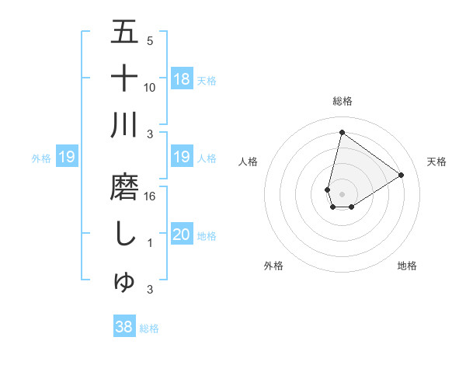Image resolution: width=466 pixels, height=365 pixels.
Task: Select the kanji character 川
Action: [124, 127]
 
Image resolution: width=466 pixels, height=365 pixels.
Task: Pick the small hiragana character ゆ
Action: [124, 283]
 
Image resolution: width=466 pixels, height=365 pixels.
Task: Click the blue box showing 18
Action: [182, 79]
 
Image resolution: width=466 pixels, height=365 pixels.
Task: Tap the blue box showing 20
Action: [182, 235]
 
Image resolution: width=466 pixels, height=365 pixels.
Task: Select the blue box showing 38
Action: [124, 328]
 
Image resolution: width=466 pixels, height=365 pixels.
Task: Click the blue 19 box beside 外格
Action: [67, 158]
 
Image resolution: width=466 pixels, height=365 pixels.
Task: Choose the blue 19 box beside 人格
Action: [182, 158]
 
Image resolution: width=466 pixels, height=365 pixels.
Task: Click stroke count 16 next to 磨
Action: [150, 196]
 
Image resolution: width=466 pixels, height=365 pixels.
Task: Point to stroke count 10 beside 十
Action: [150, 87]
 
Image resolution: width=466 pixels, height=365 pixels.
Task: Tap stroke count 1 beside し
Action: [150, 244]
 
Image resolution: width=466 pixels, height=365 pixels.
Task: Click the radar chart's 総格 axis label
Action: [342, 101]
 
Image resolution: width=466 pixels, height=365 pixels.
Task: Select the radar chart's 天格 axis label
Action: [437, 162]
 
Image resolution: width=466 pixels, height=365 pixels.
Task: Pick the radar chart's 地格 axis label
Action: [407, 266]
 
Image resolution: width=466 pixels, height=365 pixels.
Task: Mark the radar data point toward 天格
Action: [402, 175]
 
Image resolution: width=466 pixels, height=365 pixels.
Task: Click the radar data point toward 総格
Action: [342, 132]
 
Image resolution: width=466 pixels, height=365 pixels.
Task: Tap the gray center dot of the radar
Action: [342, 193]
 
